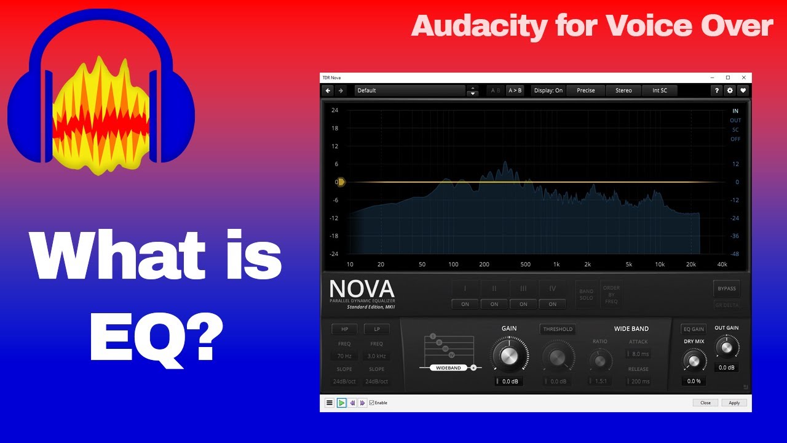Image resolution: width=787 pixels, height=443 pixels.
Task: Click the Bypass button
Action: pos(726,289)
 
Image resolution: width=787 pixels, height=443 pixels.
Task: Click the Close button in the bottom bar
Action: pos(705,403)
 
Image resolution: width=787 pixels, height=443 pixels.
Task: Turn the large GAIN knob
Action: pos(508,356)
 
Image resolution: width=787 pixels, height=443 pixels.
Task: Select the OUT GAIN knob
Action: pos(727,348)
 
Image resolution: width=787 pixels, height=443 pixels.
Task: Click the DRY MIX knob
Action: pos(694,361)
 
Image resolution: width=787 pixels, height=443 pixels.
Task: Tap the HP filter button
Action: pos(344,329)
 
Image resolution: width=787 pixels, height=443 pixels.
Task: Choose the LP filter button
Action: pos(376,329)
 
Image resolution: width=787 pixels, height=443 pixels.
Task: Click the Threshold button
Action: pos(558,329)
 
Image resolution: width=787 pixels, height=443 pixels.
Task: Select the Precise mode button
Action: pos(585,90)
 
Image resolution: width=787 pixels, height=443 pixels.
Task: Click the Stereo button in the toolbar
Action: pos(623,90)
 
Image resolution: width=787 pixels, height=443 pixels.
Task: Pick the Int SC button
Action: pos(659,90)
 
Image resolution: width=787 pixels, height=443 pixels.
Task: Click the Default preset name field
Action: pos(409,90)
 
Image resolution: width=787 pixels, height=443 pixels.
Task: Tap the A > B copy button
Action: pos(515,90)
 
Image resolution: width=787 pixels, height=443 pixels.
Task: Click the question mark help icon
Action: pos(716,90)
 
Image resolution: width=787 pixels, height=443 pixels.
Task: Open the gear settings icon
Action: pos(730,90)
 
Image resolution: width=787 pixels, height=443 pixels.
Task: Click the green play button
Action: pos(341,403)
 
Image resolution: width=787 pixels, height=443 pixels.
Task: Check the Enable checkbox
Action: pos(372,403)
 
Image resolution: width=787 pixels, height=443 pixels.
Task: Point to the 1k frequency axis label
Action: pos(556,265)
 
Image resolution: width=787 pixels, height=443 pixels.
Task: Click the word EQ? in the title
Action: pos(156,335)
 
